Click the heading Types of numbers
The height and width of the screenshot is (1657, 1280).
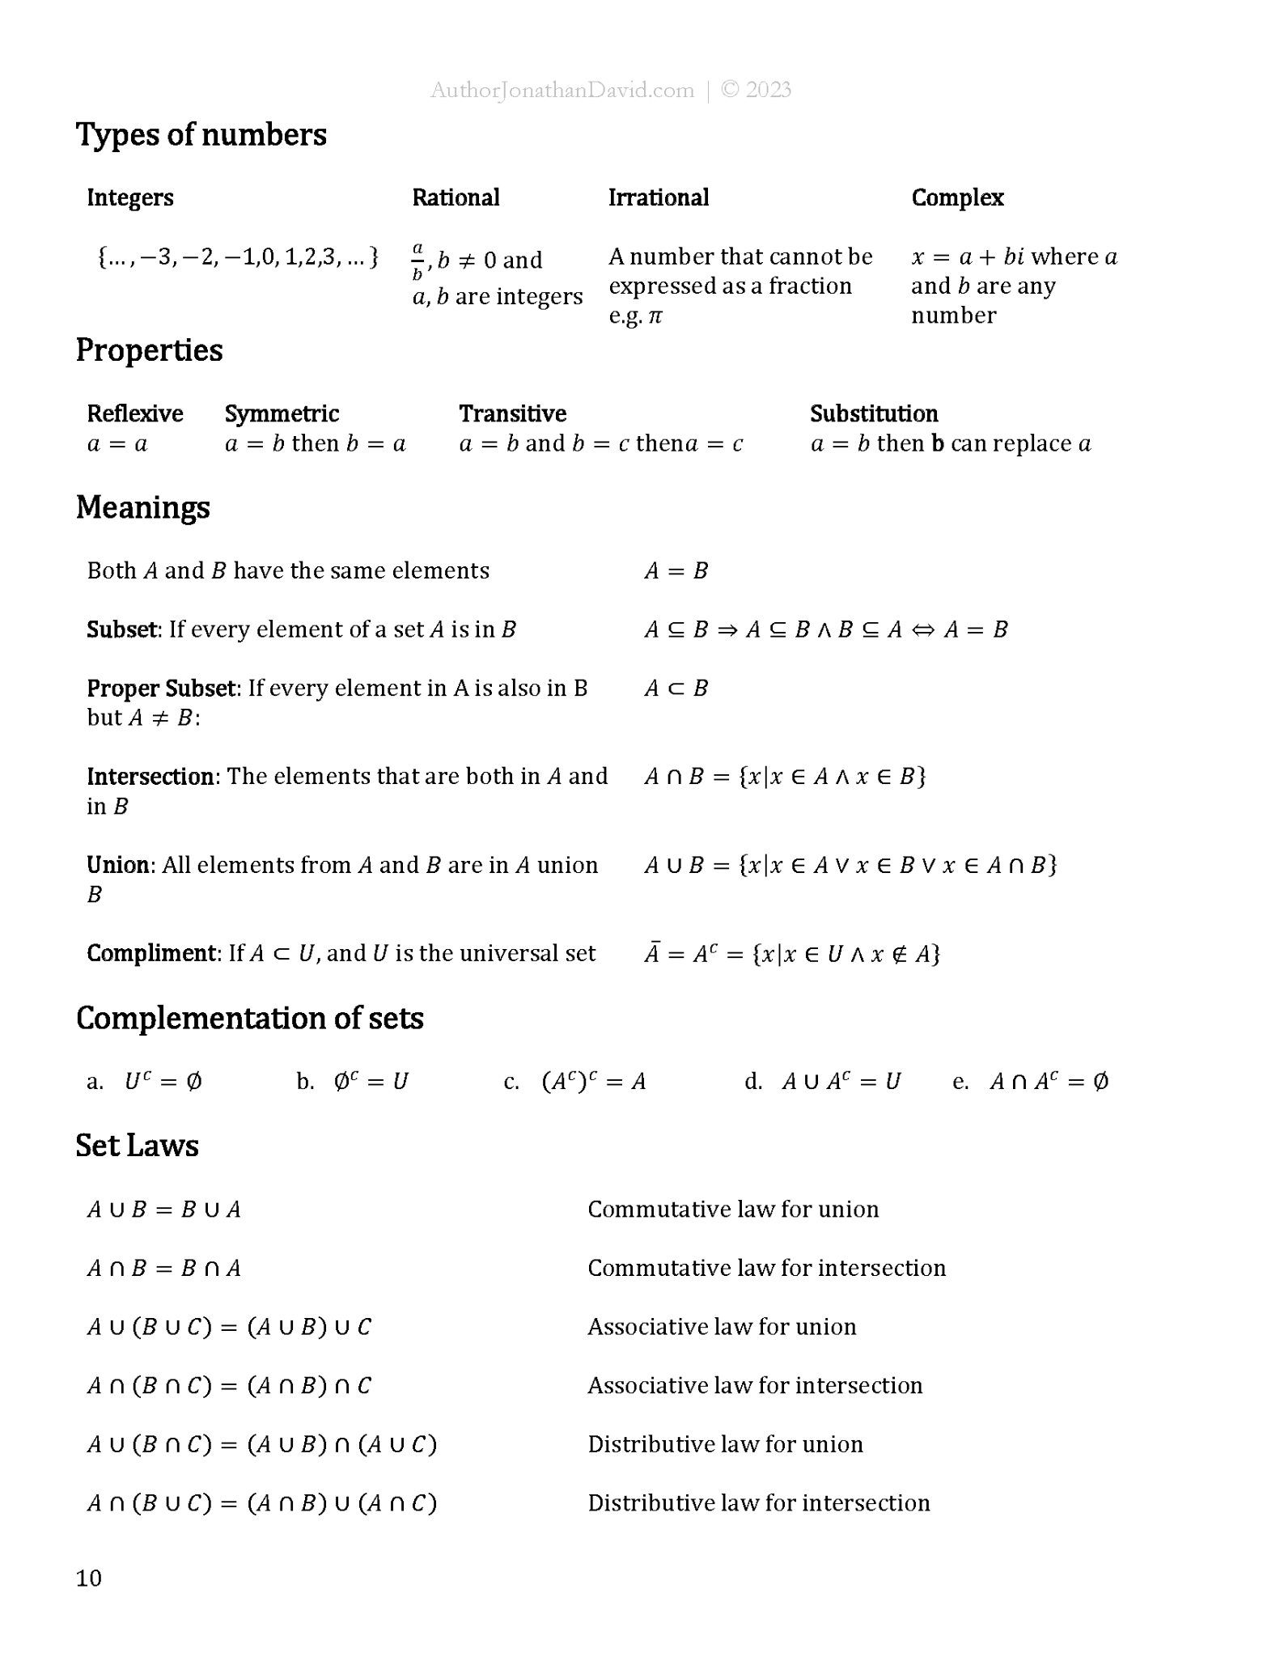click(x=201, y=135)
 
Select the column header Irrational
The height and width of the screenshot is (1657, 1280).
click(x=658, y=198)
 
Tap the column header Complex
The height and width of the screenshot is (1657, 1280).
click(x=957, y=198)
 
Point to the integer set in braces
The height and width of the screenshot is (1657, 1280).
click(x=237, y=258)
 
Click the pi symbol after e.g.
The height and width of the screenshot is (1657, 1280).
click(x=655, y=316)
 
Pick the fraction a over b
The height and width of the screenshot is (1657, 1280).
click(x=417, y=261)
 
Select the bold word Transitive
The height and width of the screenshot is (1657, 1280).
click(x=512, y=414)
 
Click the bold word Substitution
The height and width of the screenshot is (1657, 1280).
click(x=874, y=414)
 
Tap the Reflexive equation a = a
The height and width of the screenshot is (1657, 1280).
click(x=117, y=444)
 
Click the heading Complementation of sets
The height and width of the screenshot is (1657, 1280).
click(x=249, y=1019)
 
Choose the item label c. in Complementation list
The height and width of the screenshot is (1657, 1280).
click(x=511, y=1083)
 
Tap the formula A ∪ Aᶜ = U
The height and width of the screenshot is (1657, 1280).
click(x=841, y=1082)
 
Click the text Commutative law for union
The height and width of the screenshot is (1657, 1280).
click(x=733, y=1210)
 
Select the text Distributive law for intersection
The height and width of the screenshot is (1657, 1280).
click(x=758, y=1503)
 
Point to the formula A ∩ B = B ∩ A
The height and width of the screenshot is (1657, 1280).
click(x=164, y=1269)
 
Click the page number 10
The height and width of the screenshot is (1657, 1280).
click(x=89, y=1579)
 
